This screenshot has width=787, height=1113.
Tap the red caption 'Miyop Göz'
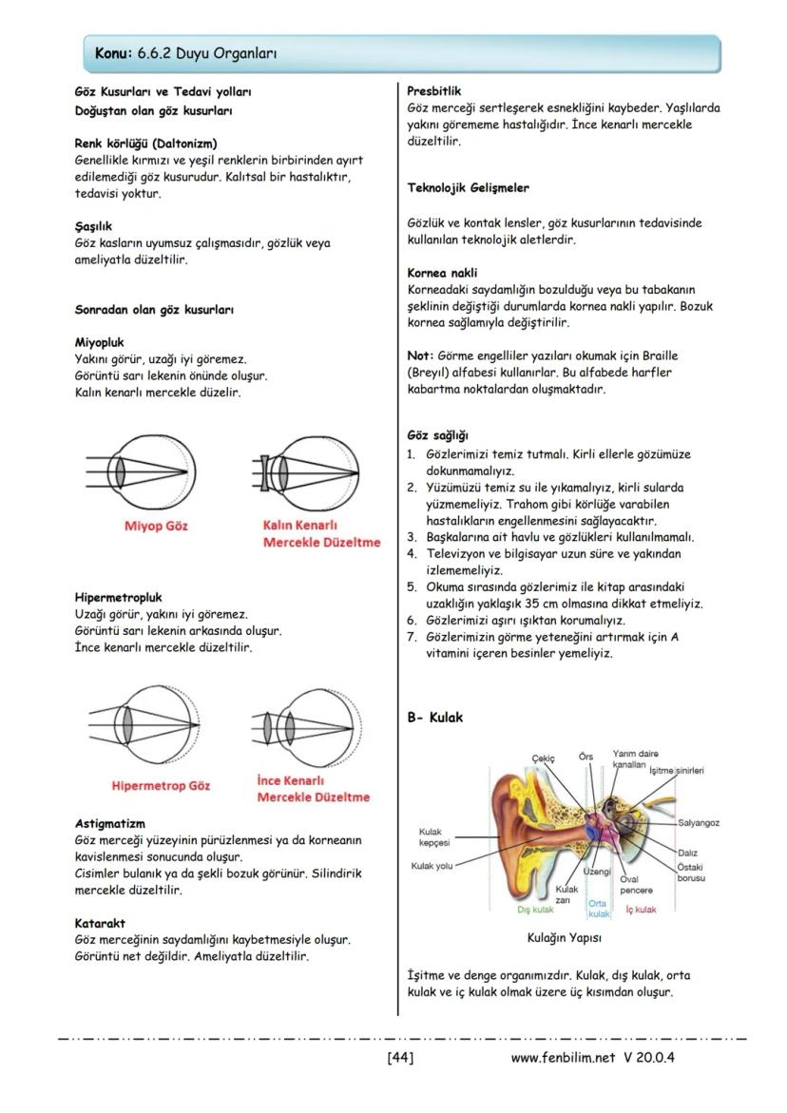coord(156,526)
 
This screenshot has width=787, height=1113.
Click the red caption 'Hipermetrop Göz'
coord(161,786)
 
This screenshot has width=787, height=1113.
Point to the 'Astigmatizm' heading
coord(110,823)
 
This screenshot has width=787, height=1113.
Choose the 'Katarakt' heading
coord(100,923)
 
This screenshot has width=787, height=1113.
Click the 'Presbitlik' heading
coord(433,91)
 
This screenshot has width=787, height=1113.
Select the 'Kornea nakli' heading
coord(442,273)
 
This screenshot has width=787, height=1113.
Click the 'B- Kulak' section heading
coord(435,718)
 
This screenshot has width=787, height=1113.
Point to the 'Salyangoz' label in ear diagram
coord(699,823)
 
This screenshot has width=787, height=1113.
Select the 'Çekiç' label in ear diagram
coord(543,758)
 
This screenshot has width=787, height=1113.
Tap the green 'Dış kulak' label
coord(535,910)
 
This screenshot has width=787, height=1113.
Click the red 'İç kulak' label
coord(641,910)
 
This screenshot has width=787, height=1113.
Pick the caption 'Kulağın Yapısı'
coord(565,937)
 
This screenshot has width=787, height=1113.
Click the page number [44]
coord(400,1057)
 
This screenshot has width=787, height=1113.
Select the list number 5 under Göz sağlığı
coord(412,586)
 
